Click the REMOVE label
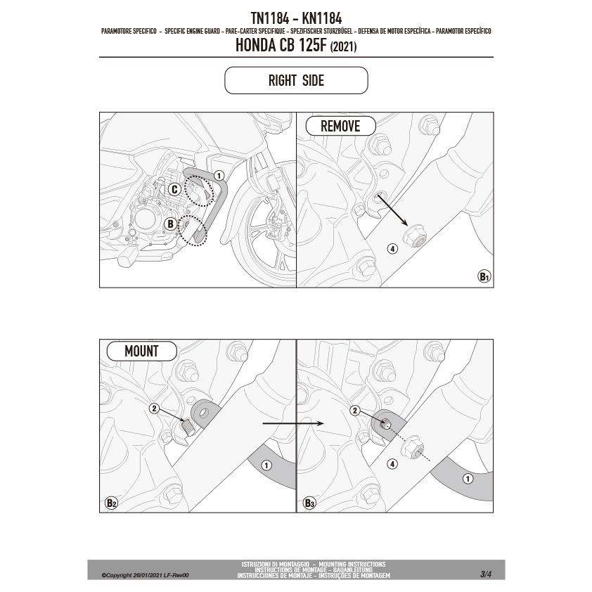[340, 126]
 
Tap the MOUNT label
[141, 351]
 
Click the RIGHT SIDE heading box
[296, 80]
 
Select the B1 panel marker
[484, 276]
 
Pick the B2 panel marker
[111, 503]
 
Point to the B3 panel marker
[309, 503]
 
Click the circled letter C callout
[174, 189]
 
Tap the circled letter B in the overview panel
[170, 224]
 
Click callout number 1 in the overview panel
[219, 176]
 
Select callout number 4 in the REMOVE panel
[392, 249]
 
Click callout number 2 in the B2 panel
[154, 408]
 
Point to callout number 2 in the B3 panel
[354, 411]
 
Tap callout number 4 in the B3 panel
[392, 464]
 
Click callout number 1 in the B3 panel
[468, 479]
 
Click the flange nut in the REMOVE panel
[416, 237]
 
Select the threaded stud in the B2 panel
[188, 427]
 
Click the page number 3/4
[486, 574]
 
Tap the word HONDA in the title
[256, 45]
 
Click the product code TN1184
[269, 18]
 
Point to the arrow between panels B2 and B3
[293, 424]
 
